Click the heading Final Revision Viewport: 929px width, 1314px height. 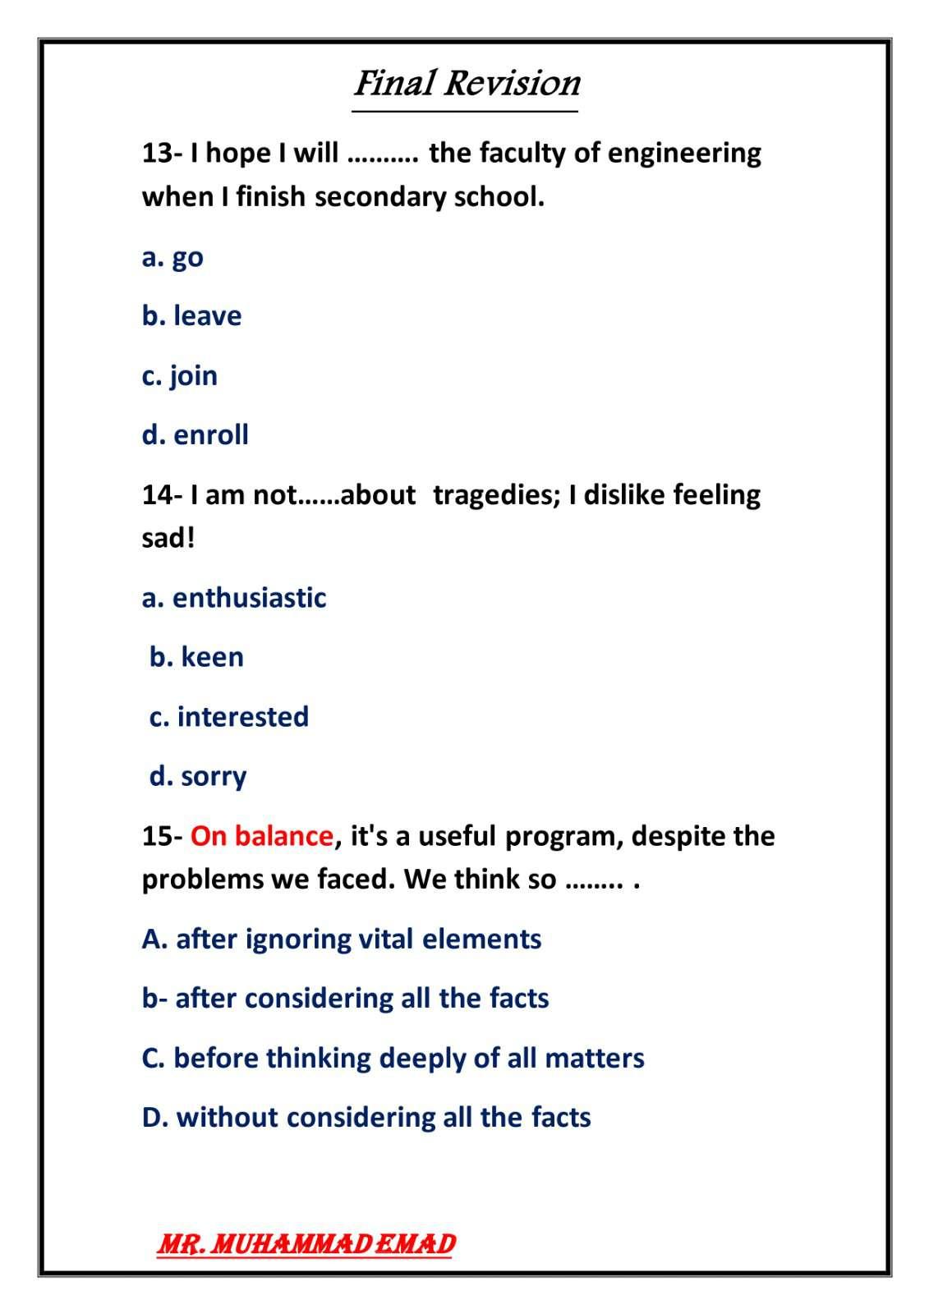(x=467, y=84)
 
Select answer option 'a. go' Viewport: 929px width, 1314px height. (x=172, y=257)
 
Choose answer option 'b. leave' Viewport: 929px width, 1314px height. (x=191, y=316)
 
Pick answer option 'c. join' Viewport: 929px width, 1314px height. (x=180, y=376)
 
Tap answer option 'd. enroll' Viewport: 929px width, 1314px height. (x=195, y=435)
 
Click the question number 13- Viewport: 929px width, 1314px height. (x=162, y=153)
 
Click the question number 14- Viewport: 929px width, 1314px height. (x=162, y=495)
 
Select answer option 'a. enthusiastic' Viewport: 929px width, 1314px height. (x=234, y=598)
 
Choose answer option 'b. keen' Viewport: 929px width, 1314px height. (x=196, y=657)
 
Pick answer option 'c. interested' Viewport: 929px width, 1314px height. (x=228, y=717)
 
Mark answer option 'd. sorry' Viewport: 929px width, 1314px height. (x=197, y=776)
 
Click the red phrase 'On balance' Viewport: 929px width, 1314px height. (x=262, y=836)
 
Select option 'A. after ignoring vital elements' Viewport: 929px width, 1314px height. (x=341, y=939)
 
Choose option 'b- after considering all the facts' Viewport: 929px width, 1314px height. (x=345, y=999)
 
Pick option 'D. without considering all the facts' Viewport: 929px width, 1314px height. (x=366, y=1118)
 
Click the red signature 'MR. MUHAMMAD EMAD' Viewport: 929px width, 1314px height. (x=306, y=1244)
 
